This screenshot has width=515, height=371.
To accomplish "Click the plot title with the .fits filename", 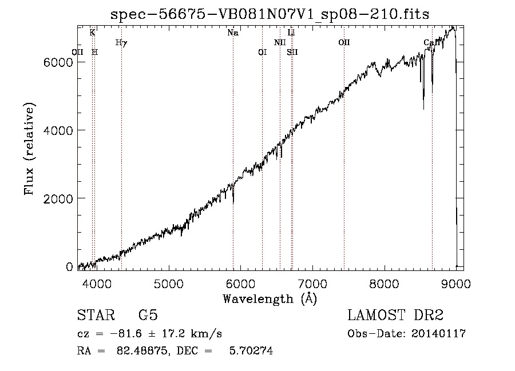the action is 270,14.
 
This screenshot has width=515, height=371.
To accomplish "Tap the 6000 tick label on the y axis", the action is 58,62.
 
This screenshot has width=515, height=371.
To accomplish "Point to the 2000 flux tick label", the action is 58,198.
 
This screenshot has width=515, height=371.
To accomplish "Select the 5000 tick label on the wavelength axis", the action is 169,284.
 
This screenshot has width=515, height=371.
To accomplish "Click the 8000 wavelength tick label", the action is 384,284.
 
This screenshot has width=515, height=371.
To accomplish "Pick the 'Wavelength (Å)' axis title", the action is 270,299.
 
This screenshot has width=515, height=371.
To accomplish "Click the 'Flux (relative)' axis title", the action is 29,149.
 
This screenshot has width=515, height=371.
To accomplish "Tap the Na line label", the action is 233,33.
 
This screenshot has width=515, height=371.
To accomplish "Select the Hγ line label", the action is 121,43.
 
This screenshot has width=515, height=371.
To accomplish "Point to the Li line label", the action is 291,33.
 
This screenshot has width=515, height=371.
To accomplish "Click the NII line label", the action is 280,42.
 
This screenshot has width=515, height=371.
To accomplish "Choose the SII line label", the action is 292,52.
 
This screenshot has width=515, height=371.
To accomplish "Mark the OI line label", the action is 263,52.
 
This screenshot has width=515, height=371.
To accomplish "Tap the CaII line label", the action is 432,42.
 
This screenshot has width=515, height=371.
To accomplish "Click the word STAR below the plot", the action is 96,315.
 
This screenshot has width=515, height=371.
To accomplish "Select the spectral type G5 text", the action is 148,315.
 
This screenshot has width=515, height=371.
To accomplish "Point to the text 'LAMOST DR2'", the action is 395,315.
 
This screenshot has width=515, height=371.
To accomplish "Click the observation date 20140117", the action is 438,334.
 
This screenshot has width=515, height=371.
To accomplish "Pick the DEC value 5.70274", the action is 251,350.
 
